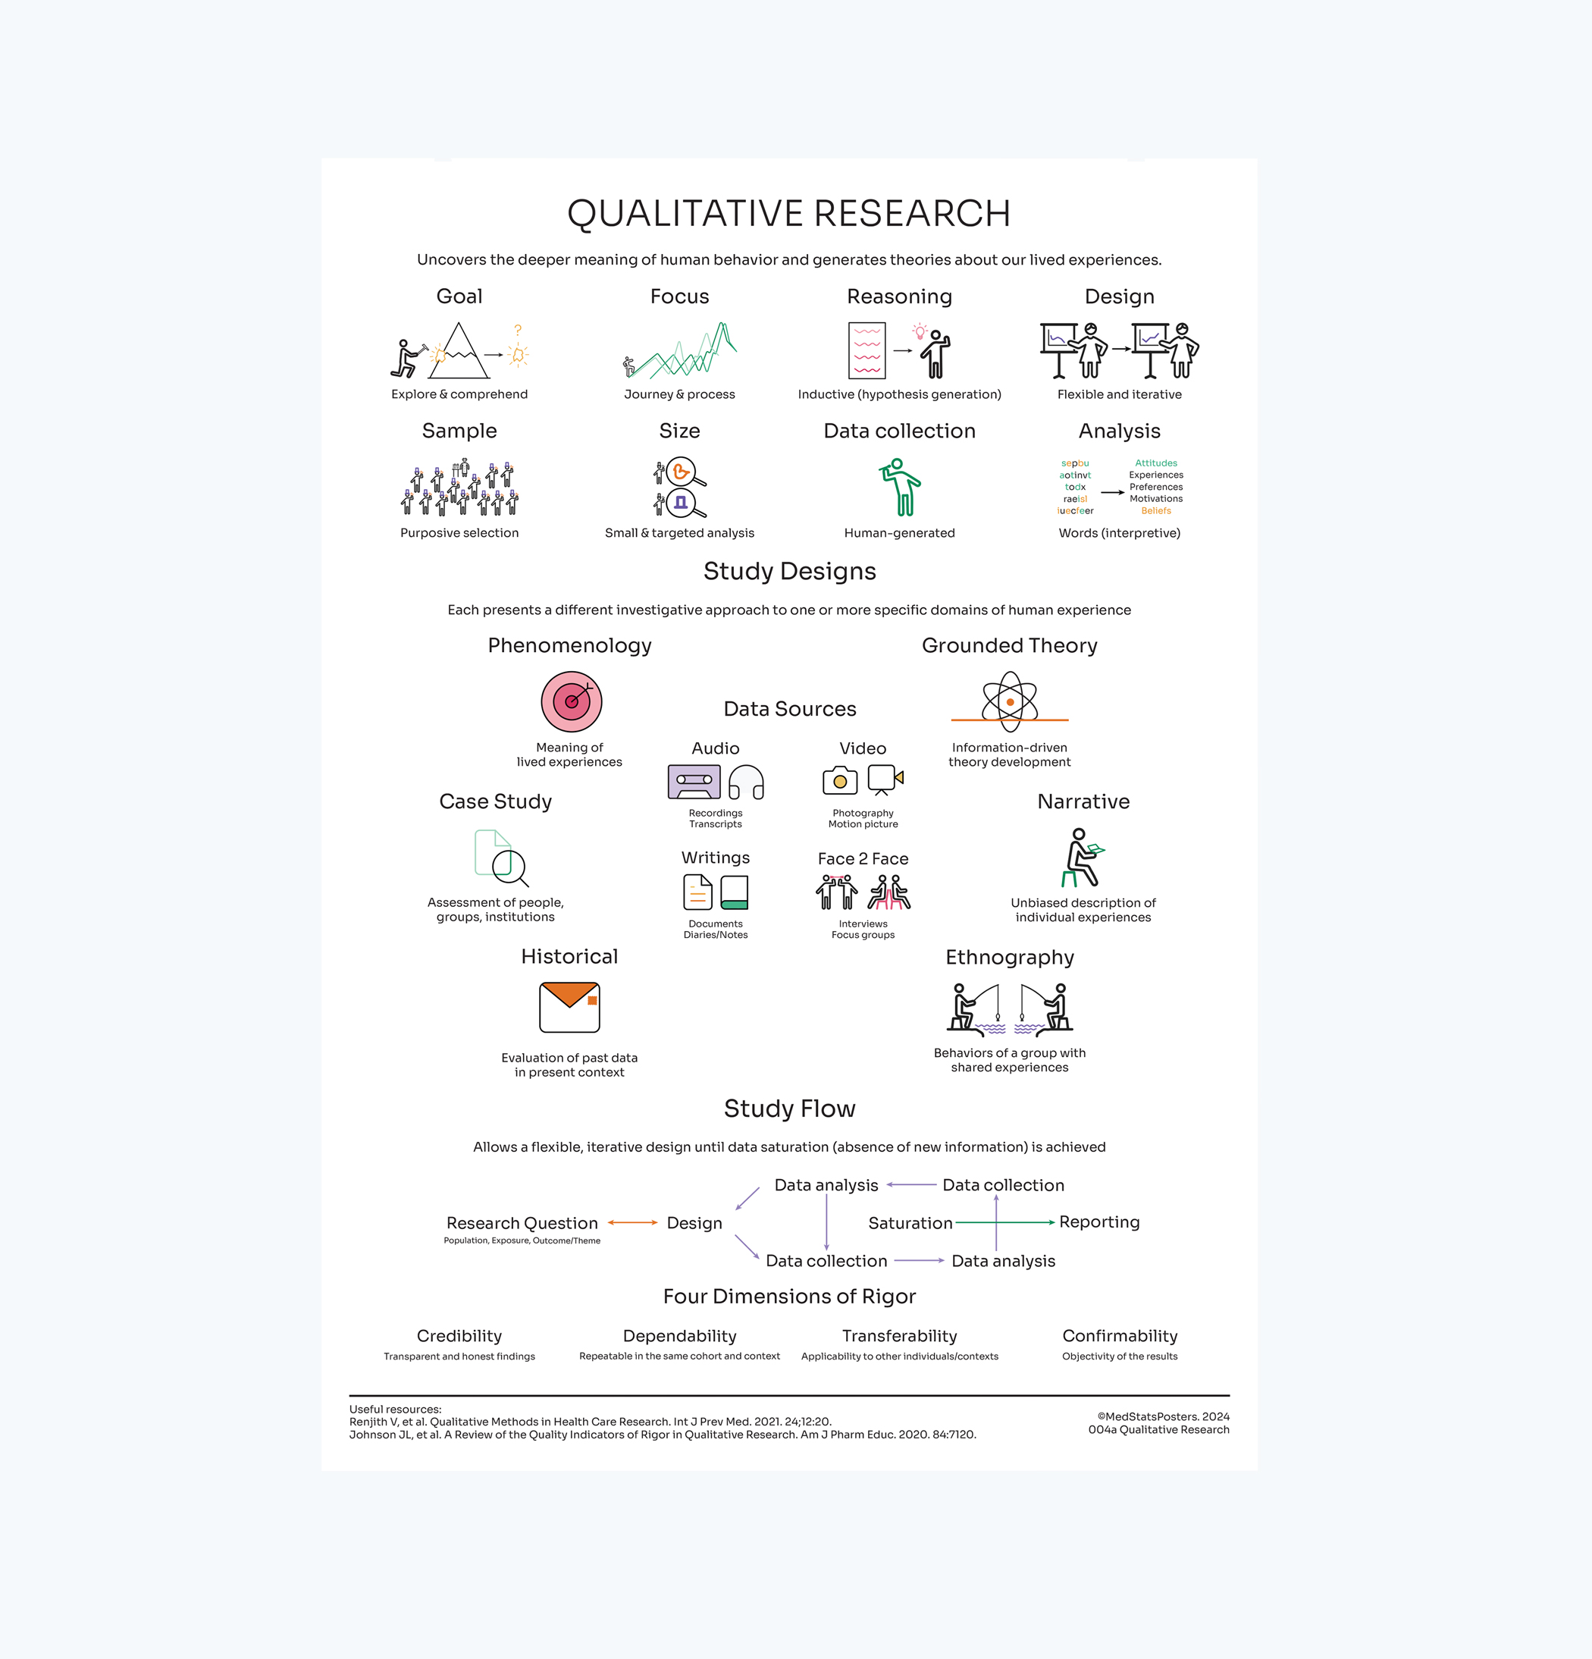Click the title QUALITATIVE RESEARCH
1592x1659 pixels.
pyautogui.click(x=789, y=213)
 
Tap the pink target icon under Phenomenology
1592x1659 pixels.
pyautogui.click(x=572, y=701)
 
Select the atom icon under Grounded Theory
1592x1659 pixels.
pyautogui.click(x=1010, y=701)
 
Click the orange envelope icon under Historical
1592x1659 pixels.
pyautogui.click(x=569, y=1007)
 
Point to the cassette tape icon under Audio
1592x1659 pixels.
pyautogui.click(x=694, y=781)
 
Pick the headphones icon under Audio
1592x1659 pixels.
pyautogui.click(x=747, y=782)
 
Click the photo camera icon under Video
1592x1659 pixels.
pyautogui.click(x=839, y=780)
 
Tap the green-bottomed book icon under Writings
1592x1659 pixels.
pyautogui.click(x=734, y=892)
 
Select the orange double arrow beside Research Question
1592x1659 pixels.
pyautogui.click(x=632, y=1222)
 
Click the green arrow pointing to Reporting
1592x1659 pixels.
pyautogui.click(x=1004, y=1222)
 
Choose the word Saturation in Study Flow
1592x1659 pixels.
pyautogui.click(x=910, y=1223)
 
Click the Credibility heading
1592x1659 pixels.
pyautogui.click(x=459, y=1336)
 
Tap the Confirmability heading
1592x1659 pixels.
pyautogui.click(x=1119, y=1336)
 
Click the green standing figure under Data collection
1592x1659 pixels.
pyautogui.click(x=901, y=487)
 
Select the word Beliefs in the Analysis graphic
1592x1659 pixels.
pyautogui.click(x=1155, y=510)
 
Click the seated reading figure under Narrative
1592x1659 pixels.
pyautogui.click(x=1080, y=858)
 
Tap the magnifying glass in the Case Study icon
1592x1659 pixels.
pyautogui.click(x=510, y=867)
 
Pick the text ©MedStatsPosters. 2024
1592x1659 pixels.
pyautogui.click(x=1163, y=1416)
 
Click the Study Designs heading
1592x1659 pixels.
pyautogui.click(x=789, y=572)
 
